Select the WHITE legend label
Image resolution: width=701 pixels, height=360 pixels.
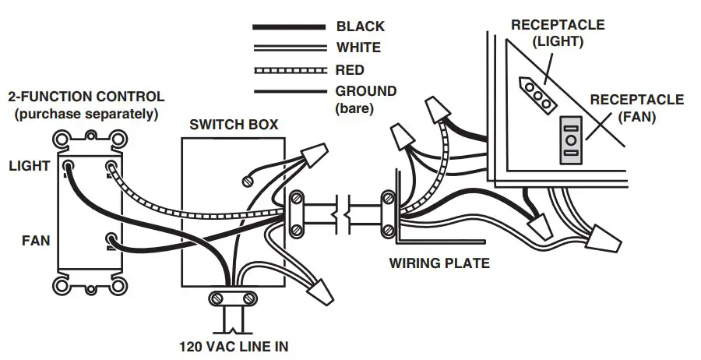tap(358, 48)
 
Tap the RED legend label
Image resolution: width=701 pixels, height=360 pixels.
tap(350, 70)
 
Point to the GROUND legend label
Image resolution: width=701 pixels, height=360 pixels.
tap(365, 91)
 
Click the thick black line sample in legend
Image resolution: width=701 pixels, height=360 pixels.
tap(288, 27)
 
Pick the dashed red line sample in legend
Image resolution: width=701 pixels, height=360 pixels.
tap(288, 70)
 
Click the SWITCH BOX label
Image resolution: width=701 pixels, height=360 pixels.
tap(234, 125)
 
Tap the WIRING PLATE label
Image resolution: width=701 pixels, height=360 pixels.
tap(439, 263)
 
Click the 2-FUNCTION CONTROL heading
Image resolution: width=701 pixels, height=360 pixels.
tap(86, 97)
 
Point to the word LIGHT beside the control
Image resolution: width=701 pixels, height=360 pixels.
tap(30, 166)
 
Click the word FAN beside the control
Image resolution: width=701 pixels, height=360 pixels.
tap(35, 241)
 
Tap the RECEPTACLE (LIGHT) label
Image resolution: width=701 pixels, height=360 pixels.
tap(557, 33)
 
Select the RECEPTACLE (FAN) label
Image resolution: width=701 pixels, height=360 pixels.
tap(636, 108)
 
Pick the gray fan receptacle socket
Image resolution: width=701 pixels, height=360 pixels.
tap(571, 139)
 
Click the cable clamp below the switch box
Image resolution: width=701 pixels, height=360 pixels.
tap(231, 298)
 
